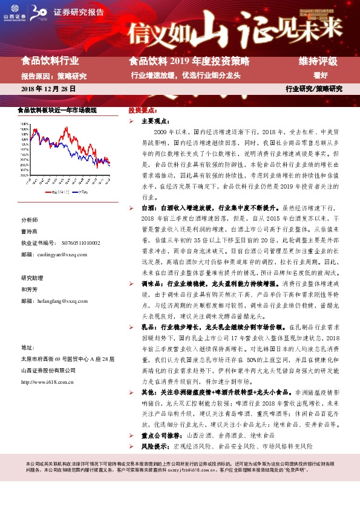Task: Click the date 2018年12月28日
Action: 48,88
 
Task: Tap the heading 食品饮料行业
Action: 50,61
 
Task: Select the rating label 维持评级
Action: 318,61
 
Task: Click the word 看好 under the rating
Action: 320,76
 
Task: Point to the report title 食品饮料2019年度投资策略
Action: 189,61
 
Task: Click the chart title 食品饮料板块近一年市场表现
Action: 57,111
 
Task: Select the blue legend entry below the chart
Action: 81,192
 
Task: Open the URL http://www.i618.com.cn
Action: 47,382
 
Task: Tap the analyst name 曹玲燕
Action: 30,232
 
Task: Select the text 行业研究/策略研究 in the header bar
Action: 313,88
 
